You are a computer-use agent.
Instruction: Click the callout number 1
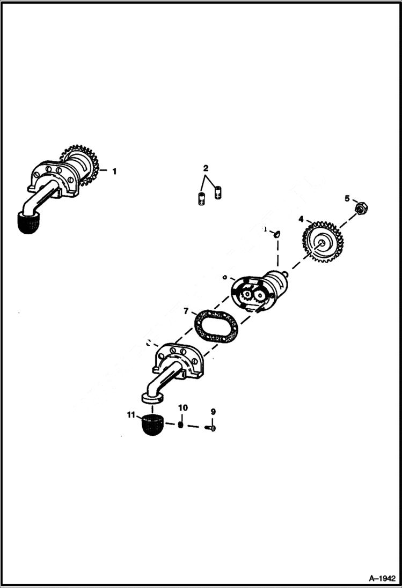tap(114, 172)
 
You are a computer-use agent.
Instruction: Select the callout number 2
tap(206, 168)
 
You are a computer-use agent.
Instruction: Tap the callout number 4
tap(301, 219)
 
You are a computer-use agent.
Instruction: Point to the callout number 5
tap(347, 198)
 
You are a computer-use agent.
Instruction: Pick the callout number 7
tap(186, 311)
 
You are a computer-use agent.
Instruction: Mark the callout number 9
tap(213, 412)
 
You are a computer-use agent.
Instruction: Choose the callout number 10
tap(182, 408)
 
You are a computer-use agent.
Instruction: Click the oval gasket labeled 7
tap(216, 325)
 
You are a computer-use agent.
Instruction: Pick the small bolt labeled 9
tap(211, 428)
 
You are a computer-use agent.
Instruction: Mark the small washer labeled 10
tap(181, 425)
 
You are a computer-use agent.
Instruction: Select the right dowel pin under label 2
tap(218, 191)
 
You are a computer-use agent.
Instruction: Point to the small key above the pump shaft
tap(277, 233)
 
